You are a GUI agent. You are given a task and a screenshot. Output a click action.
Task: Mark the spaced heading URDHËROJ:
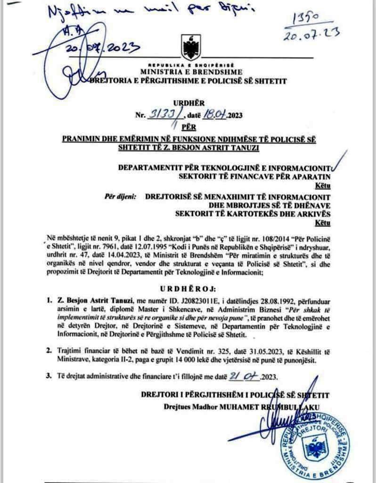pos(188,288)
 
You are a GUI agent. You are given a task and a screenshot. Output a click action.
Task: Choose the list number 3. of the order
pos(49,376)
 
